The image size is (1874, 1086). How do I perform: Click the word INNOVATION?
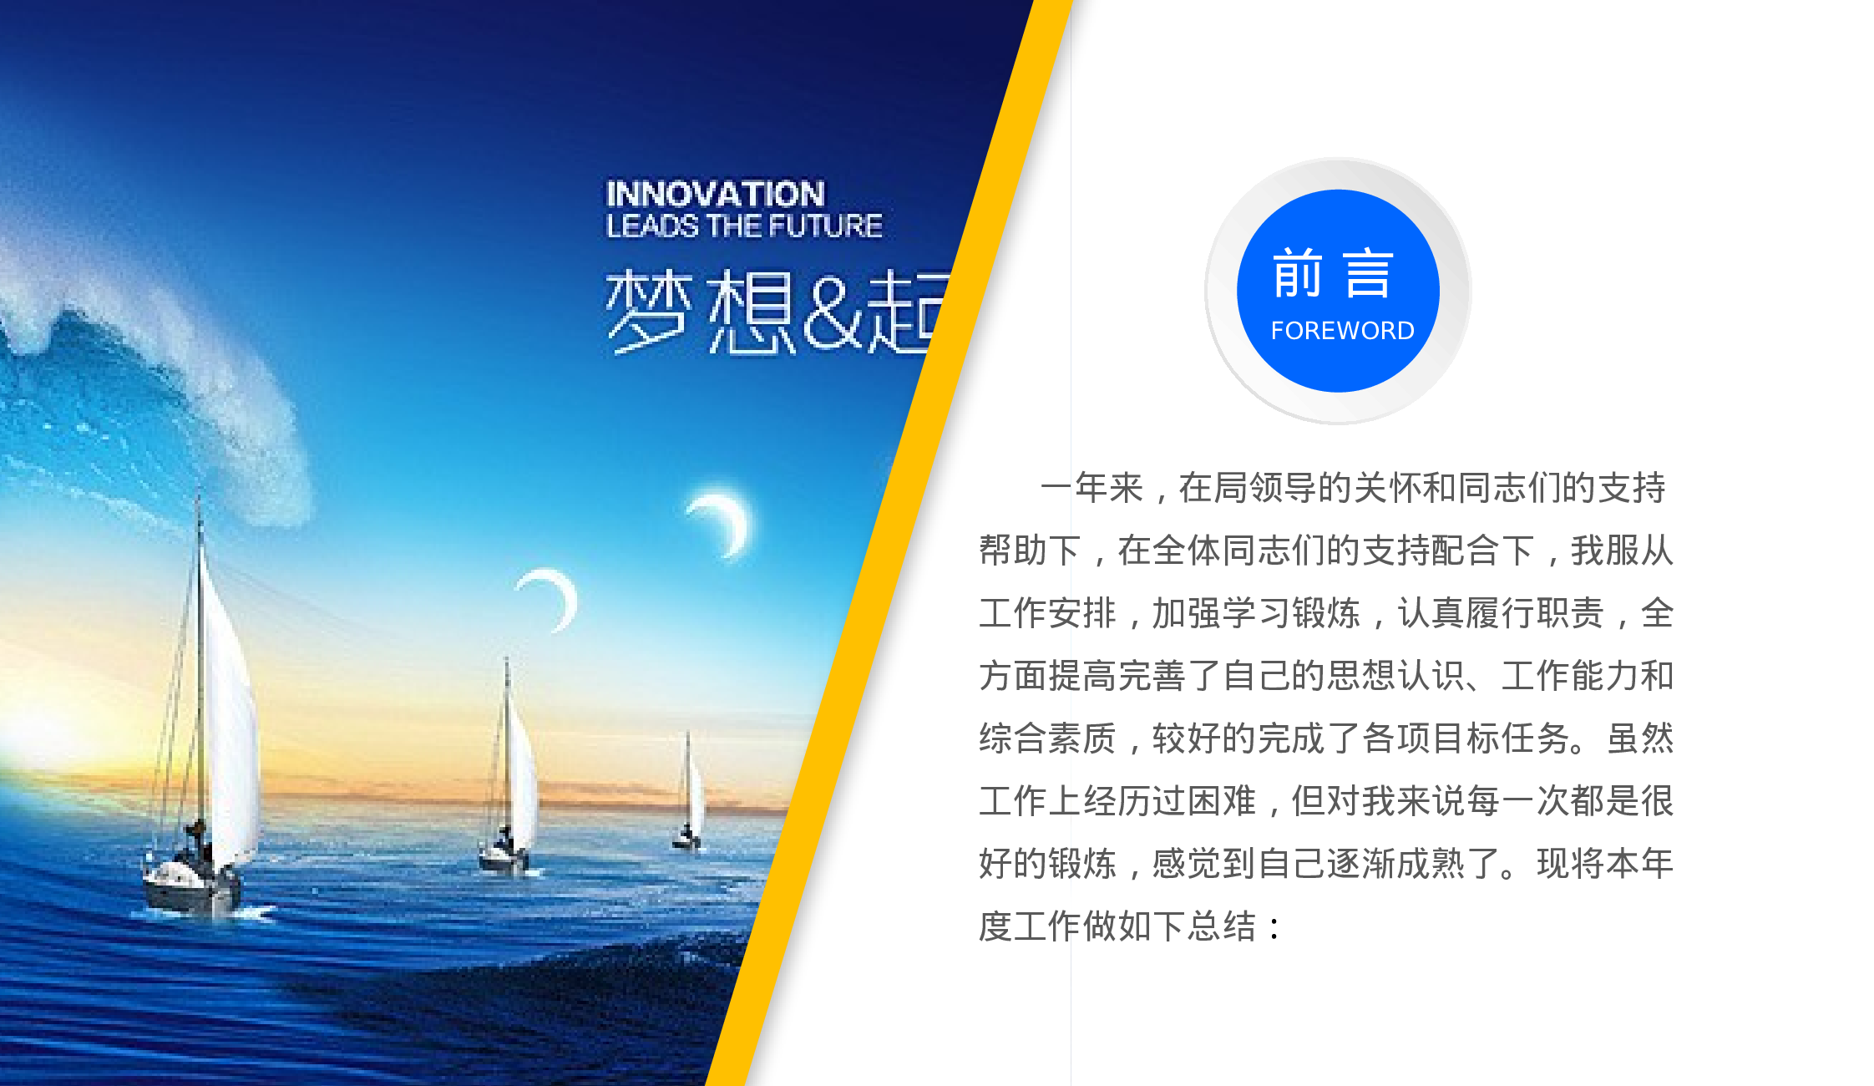pos(715,195)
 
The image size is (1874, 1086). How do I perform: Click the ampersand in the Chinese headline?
pos(831,312)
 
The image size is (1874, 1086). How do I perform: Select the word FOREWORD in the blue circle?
pos(1342,331)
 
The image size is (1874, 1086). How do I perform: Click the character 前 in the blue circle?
pos(1297,274)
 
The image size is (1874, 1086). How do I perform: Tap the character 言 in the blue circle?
pos(1369,274)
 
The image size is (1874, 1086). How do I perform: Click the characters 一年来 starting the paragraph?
pos(1091,488)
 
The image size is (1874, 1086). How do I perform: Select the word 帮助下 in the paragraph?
pos(1030,551)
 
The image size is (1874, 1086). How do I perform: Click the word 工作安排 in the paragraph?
pos(1047,613)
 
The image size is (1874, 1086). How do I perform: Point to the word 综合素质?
pos(1047,738)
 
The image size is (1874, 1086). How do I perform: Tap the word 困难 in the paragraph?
pos(1222,801)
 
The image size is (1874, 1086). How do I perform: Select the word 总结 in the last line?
pos(1222,926)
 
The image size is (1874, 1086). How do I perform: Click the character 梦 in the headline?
pos(648,312)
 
